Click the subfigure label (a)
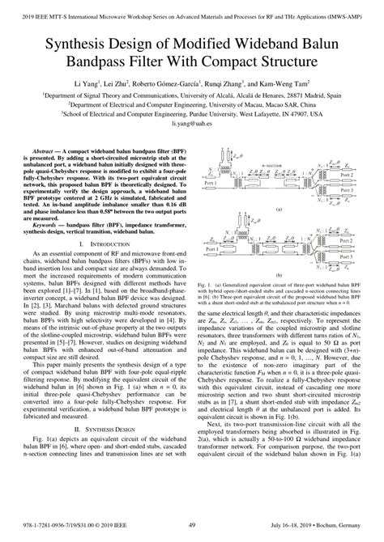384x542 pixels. coord(279,209)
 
